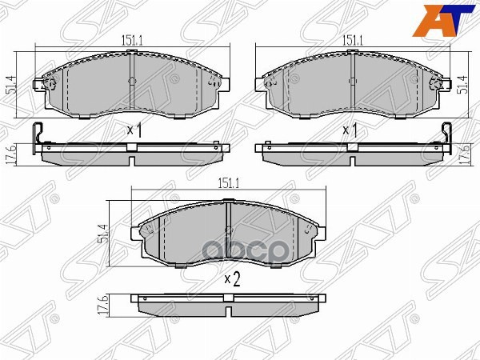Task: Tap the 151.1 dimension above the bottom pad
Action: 228,183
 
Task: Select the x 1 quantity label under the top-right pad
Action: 350,129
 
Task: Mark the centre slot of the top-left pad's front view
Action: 131,80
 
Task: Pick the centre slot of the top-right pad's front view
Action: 351,80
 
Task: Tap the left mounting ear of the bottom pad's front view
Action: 141,232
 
